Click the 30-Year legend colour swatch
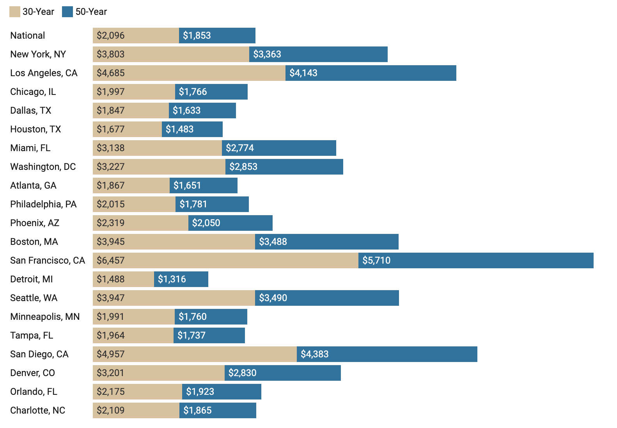pyautogui.click(x=14, y=12)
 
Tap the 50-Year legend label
pyautogui.click(x=91, y=12)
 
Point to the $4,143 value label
pyautogui.click(x=303, y=73)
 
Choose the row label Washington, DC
pyautogui.click(x=43, y=167)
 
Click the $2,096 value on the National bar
pyautogui.click(x=111, y=36)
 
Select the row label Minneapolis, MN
pyautogui.click(x=45, y=317)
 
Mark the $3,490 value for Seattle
pyautogui.click(x=273, y=298)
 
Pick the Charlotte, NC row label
pyautogui.click(x=37, y=410)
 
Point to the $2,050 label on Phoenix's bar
pyautogui.click(x=206, y=223)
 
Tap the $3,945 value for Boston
pyautogui.click(x=111, y=242)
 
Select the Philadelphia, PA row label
pyautogui.click(x=43, y=204)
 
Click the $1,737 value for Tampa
pyautogui.click(x=191, y=335)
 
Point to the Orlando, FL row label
pyautogui.click(x=34, y=392)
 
